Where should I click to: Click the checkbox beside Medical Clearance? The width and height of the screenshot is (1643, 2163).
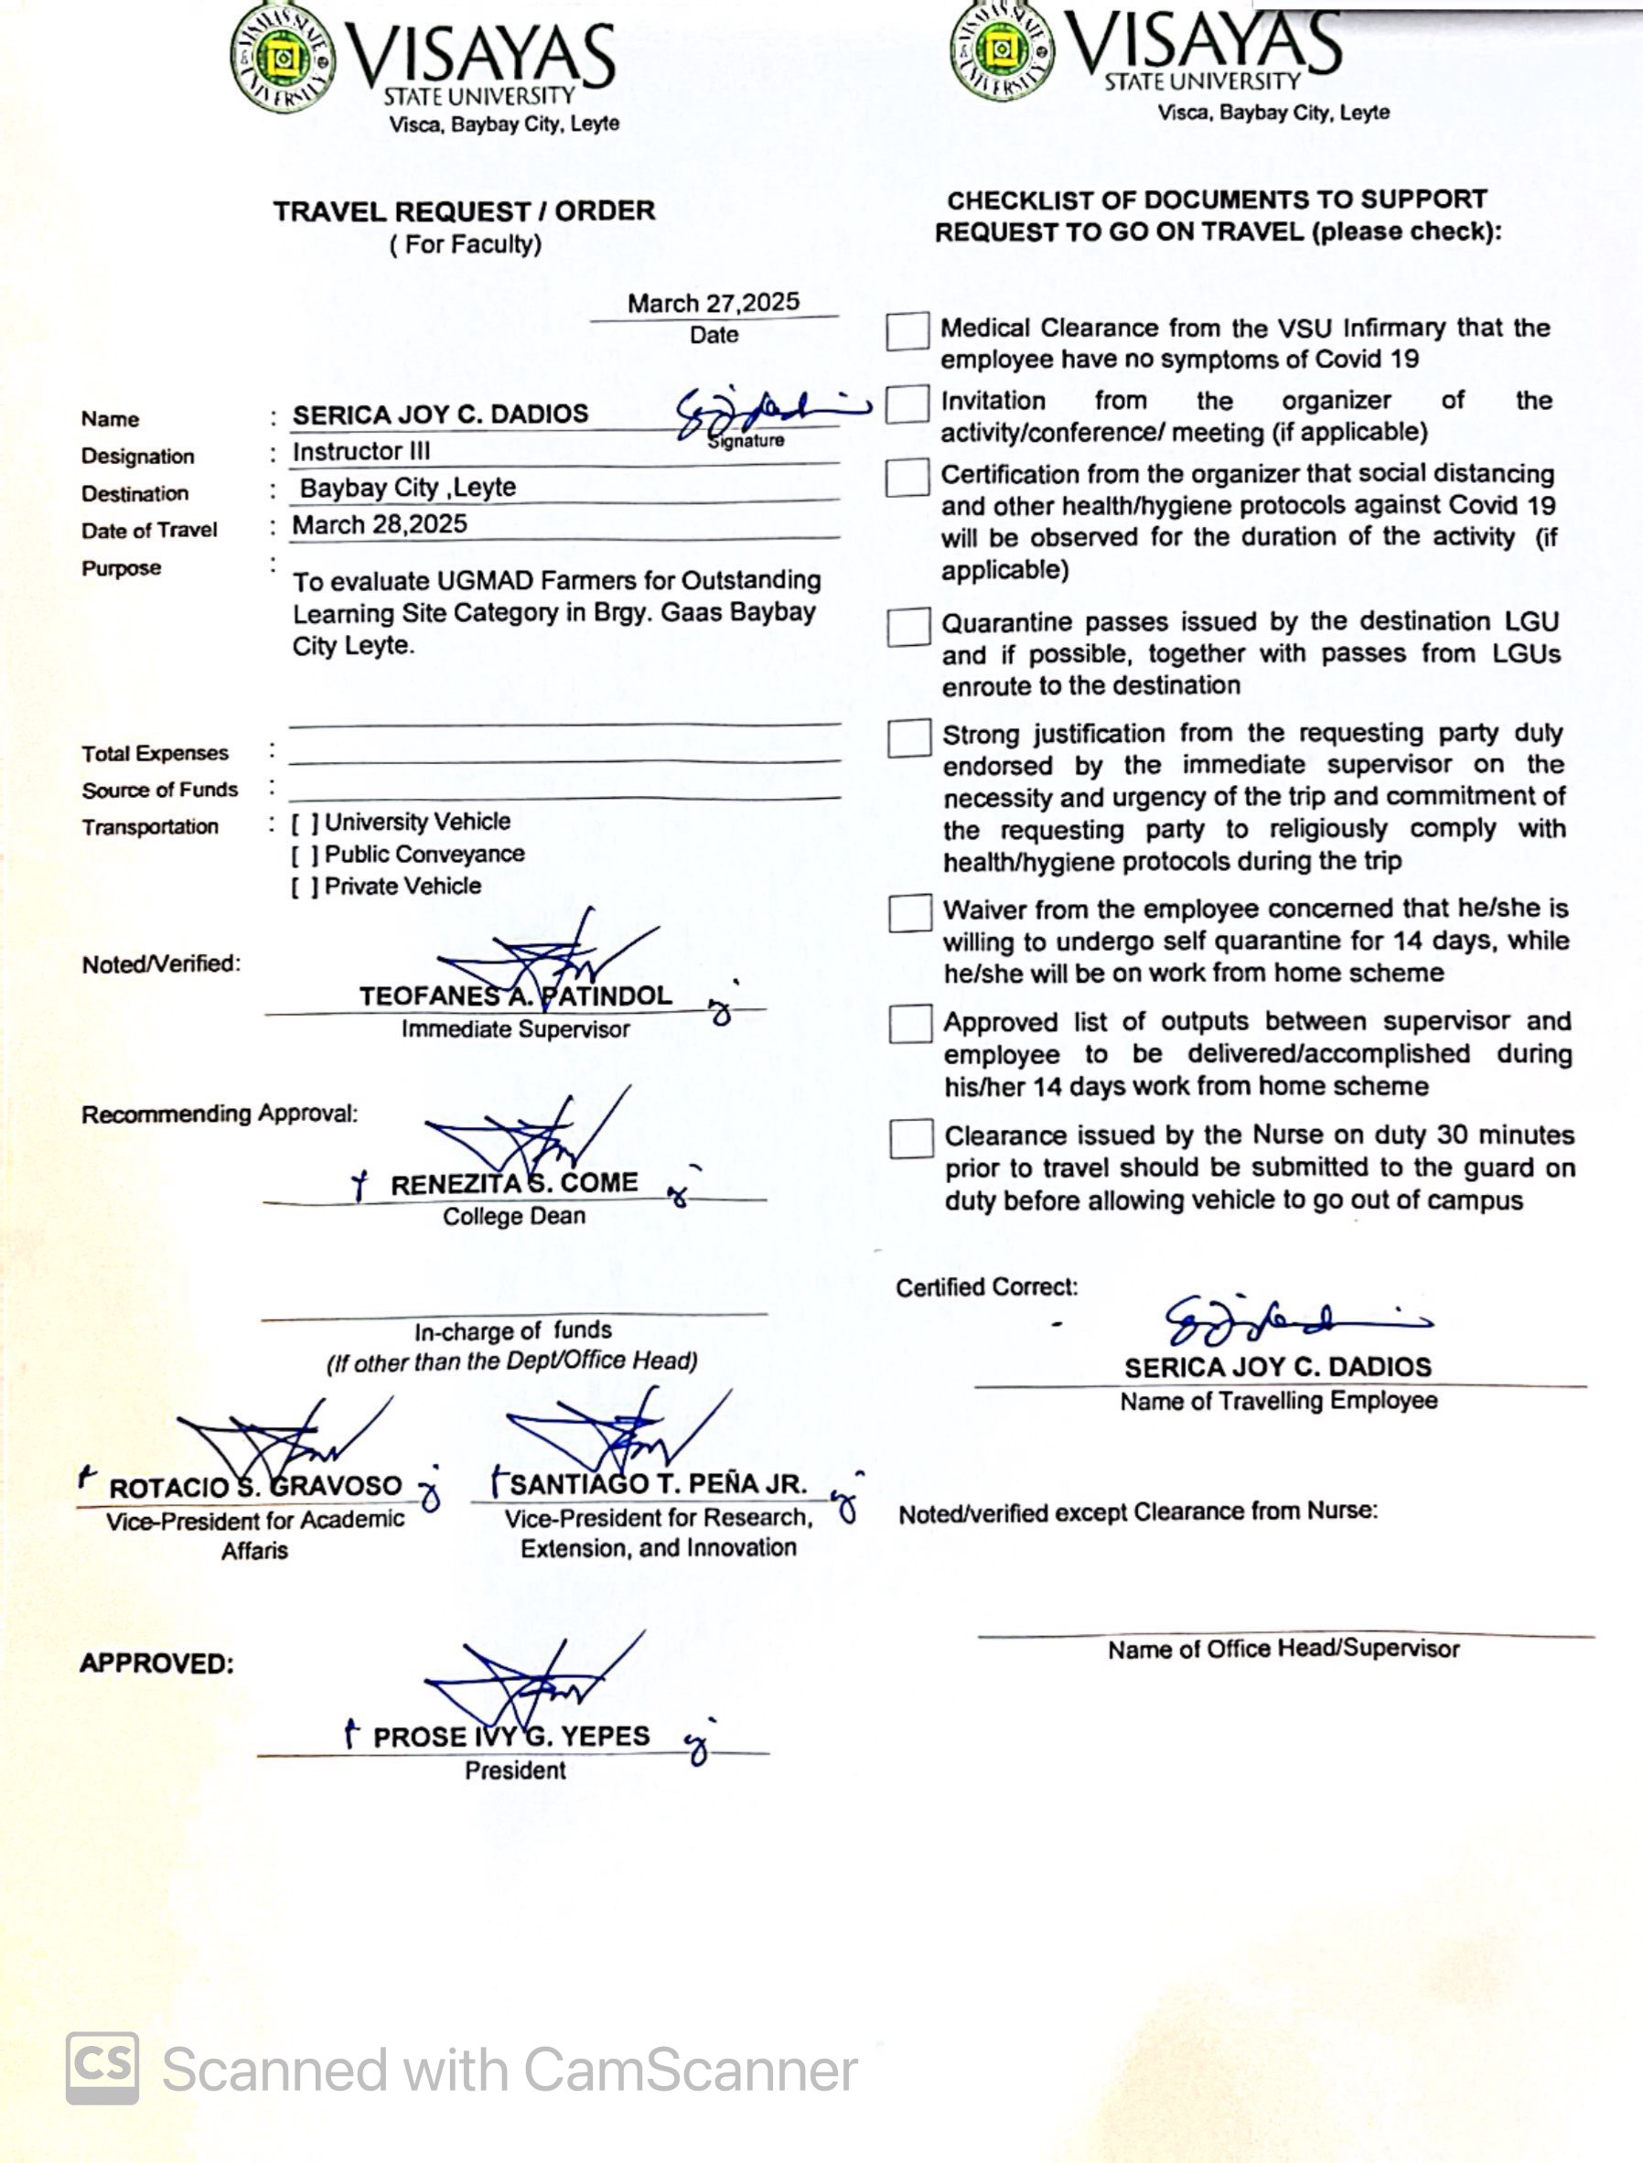click(x=907, y=331)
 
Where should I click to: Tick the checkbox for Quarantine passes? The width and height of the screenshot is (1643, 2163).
click(x=908, y=627)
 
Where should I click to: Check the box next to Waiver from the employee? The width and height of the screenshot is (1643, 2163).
click(x=909, y=914)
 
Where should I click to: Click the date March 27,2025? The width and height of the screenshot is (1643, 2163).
click(x=713, y=303)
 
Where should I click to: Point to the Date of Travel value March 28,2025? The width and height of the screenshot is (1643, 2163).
click(x=380, y=525)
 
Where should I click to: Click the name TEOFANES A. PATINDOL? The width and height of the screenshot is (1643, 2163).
click(x=515, y=995)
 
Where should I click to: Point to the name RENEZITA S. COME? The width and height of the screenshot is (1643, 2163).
click(x=513, y=1184)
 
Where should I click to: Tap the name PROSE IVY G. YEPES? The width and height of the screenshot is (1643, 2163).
click(x=510, y=1737)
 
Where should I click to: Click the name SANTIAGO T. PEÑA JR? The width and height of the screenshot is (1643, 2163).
click(x=657, y=1484)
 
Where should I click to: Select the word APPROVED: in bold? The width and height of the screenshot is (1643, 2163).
click(x=156, y=1663)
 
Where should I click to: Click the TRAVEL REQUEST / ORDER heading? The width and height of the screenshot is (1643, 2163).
click(x=464, y=211)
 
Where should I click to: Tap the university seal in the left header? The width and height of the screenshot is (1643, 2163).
click(x=283, y=59)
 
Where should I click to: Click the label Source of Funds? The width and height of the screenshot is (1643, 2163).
click(x=159, y=791)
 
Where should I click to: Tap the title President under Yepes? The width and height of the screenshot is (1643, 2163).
click(x=514, y=1770)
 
